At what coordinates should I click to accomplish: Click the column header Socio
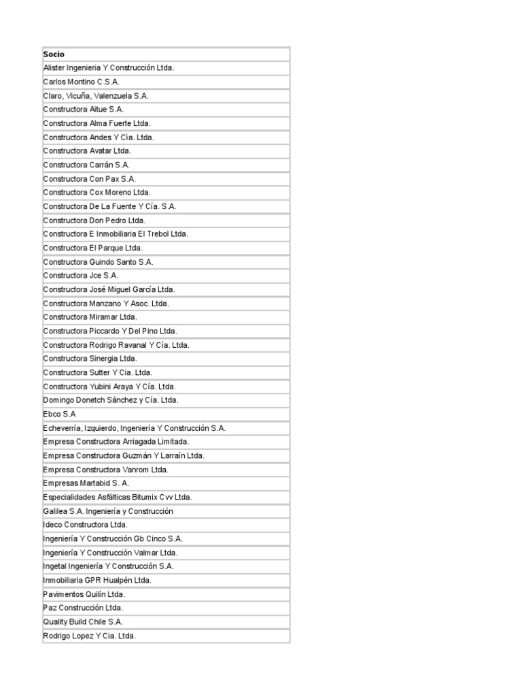pyautogui.click(x=54, y=54)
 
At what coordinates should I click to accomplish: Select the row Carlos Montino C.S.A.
pyautogui.click(x=81, y=82)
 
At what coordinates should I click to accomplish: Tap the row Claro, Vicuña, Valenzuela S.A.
pyautogui.click(x=95, y=96)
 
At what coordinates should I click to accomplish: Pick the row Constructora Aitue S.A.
pyautogui.click(x=84, y=110)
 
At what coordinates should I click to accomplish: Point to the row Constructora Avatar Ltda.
pyautogui.click(x=87, y=151)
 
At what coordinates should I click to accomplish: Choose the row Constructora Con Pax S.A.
pyautogui.click(x=89, y=179)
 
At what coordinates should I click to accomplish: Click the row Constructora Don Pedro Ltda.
pyautogui.click(x=94, y=221)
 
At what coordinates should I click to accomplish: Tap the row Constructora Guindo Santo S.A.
pyautogui.click(x=98, y=262)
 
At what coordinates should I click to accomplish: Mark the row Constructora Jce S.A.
pyautogui.click(x=80, y=276)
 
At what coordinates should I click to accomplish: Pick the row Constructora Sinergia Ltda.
pyautogui.click(x=90, y=359)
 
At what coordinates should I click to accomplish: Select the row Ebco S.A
pyautogui.click(x=59, y=414)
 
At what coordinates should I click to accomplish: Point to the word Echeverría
pyautogui.click(x=62, y=428)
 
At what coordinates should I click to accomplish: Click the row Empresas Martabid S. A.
pyautogui.click(x=86, y=483)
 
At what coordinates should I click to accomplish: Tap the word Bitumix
pyautogui.click(x=147, y=498)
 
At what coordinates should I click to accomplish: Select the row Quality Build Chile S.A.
pyautogui.click(x=83, y=622)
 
